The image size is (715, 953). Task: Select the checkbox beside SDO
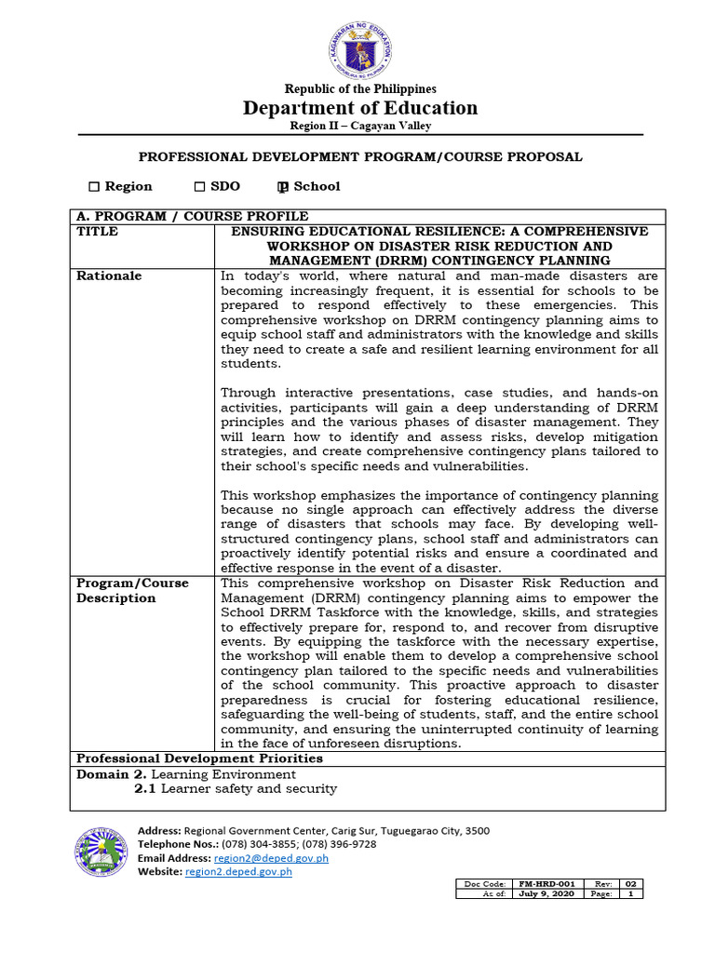pos(199,186)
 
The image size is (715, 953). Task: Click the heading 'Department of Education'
pos(359,108)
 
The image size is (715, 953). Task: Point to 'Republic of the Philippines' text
pos(359,88)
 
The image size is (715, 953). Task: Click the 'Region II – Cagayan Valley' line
pos(359,126)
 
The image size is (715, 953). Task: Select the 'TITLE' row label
pos(97,232)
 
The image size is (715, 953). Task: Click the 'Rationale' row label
pos(109,276)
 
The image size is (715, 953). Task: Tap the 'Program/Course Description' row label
pos(131,591)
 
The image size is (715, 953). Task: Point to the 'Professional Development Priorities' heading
pos(199,758)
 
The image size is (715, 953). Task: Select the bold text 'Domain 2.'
pos(111,774)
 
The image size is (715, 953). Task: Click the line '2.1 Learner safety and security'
pos(236,789)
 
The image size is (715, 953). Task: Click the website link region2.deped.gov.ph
pos(238,872)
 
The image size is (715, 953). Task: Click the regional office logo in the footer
pos(101,852)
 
